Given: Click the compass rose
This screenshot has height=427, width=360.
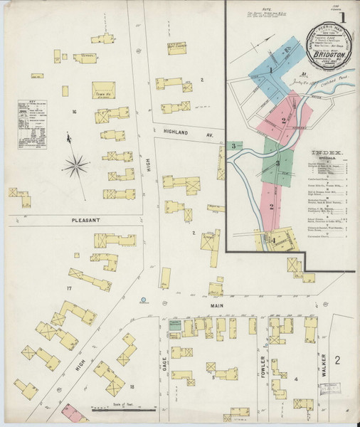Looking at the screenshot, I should (x=74, y=167).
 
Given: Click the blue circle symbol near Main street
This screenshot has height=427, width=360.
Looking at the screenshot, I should (x=144, y=299).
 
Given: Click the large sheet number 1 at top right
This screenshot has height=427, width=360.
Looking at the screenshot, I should (x=343, y=14).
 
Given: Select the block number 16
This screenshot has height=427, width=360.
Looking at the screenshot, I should (x=73, y=112).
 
